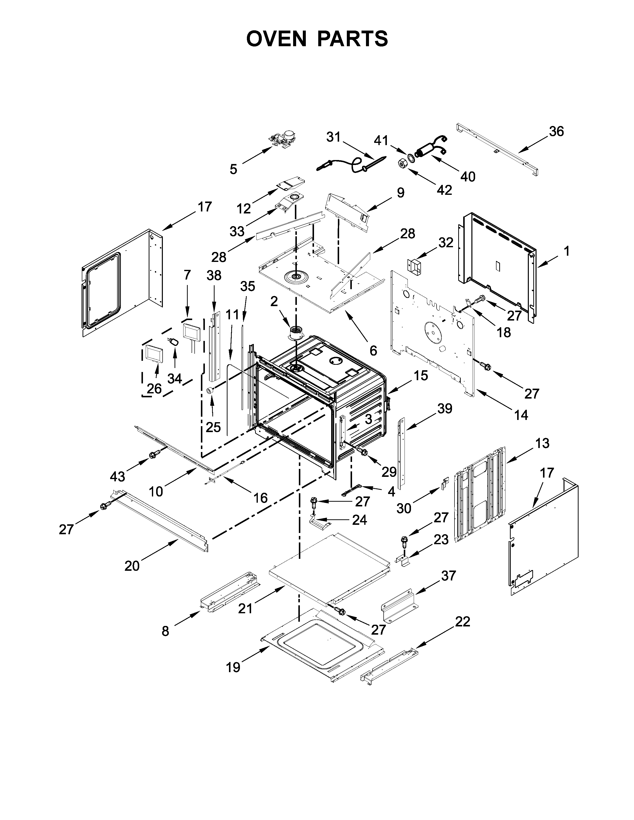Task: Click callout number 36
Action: point(556,131)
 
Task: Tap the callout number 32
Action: point(446,243)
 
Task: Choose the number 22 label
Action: point(462,622)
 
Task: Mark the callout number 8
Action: point(165,631)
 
